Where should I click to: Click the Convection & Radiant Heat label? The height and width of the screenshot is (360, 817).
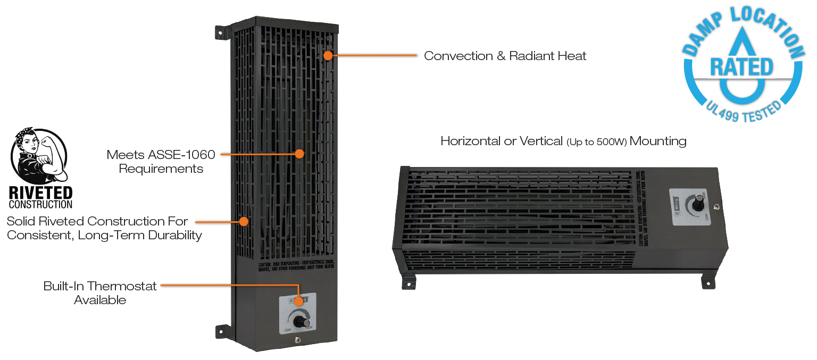coord(505,56)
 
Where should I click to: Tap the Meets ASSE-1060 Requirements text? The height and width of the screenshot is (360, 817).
coord(161,162)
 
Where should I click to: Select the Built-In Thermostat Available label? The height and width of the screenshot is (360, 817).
coord(100,293)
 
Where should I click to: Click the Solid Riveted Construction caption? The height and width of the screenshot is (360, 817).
coord(104,228)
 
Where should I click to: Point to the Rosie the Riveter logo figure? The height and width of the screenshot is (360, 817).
coord(39,156)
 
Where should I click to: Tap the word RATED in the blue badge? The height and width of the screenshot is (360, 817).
coord(741,68)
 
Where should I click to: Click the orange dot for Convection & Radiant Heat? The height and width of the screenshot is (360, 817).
coord(328,55)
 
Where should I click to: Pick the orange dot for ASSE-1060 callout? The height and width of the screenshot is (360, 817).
coord(299,154)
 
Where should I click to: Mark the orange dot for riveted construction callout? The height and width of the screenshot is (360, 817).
coord(244,221)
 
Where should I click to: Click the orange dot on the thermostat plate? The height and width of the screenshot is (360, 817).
coord(299,302)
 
